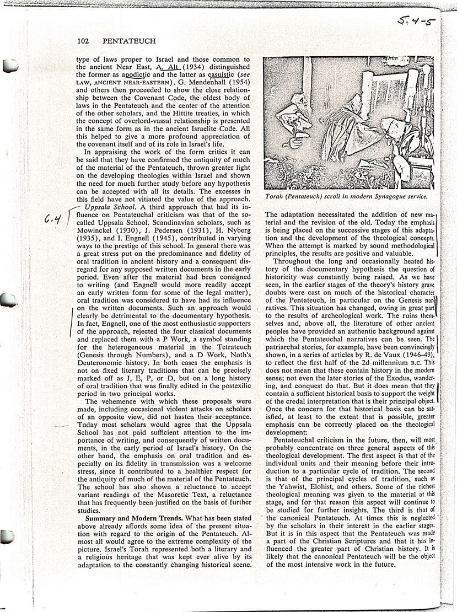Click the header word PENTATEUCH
click(x=129, y=41)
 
